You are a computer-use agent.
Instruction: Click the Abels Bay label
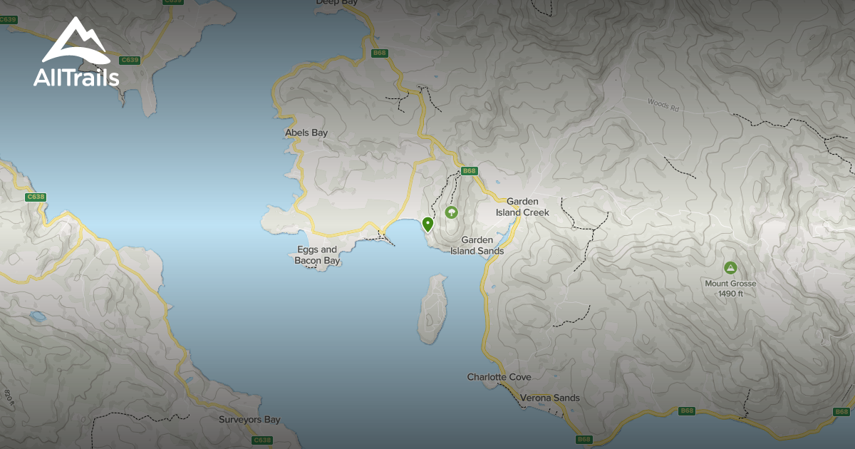point(306,133)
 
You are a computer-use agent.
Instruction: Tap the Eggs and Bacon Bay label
point(317,255)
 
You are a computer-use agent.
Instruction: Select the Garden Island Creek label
point(522,207)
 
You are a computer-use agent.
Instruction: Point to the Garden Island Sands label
point(477,245)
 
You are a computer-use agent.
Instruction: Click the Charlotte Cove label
point(499,377)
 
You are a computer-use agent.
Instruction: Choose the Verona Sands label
point(550,398)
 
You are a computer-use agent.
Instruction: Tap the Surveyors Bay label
point(249,420)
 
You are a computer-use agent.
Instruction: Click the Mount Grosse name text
point(730,283)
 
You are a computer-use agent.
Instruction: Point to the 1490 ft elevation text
point(730,294)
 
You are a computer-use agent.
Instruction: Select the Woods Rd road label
point(663,105)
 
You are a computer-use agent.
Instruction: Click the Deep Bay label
point(336,3)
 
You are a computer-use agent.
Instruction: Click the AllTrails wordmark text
point(76,78)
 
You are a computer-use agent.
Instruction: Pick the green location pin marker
point(427,224)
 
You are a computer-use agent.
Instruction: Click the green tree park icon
point(451,212)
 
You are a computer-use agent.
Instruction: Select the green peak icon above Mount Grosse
point(730,268)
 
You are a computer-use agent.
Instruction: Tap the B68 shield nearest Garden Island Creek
point(468,171)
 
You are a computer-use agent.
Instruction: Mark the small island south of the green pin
point(434,309)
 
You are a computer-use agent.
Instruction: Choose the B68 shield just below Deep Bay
point(378,53)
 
